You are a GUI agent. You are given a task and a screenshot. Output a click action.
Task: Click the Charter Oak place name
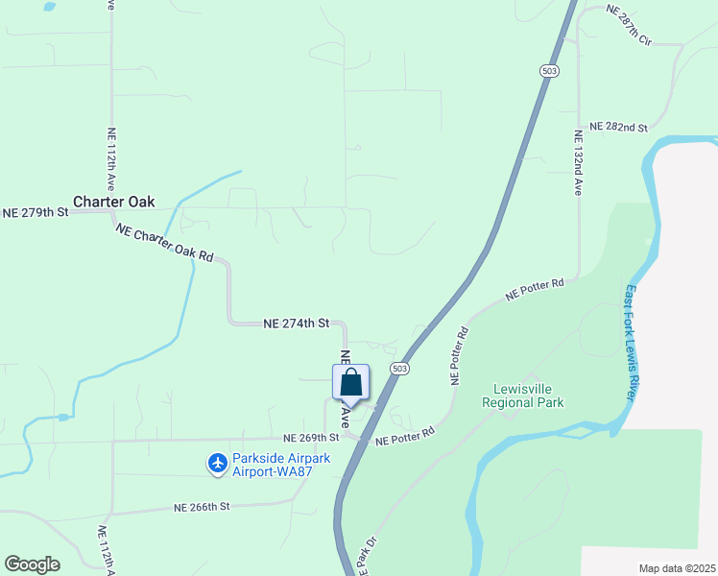click(x=113, y=203)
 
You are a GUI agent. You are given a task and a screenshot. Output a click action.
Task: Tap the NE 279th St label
click(x=36, y=212)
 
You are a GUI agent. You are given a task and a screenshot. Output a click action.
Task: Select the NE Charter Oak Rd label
click(x=164, y=244)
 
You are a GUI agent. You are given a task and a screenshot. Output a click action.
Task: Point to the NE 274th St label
click(x=297, y=324)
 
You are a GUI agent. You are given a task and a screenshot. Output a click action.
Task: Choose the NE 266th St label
click(x=203, y=507)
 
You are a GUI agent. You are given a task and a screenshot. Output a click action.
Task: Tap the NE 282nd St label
click(x=619, y=127)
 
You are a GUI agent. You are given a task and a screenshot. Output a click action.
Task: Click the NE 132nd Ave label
click(x=579, y=163)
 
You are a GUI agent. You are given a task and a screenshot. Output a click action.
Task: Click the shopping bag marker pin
click(x=351, y=383)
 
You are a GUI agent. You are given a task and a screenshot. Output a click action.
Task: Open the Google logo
click(x=32, y=564)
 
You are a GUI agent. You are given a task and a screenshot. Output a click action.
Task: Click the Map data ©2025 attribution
click(x=677, y=568)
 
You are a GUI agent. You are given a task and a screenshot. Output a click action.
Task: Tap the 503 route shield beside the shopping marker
click(x=400, y=369)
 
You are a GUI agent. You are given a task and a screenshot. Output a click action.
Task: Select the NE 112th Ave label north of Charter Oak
click(x=111, y=158)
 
